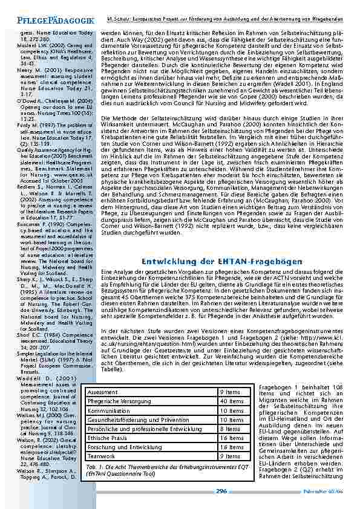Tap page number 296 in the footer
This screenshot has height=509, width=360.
[x=221, y=491]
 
